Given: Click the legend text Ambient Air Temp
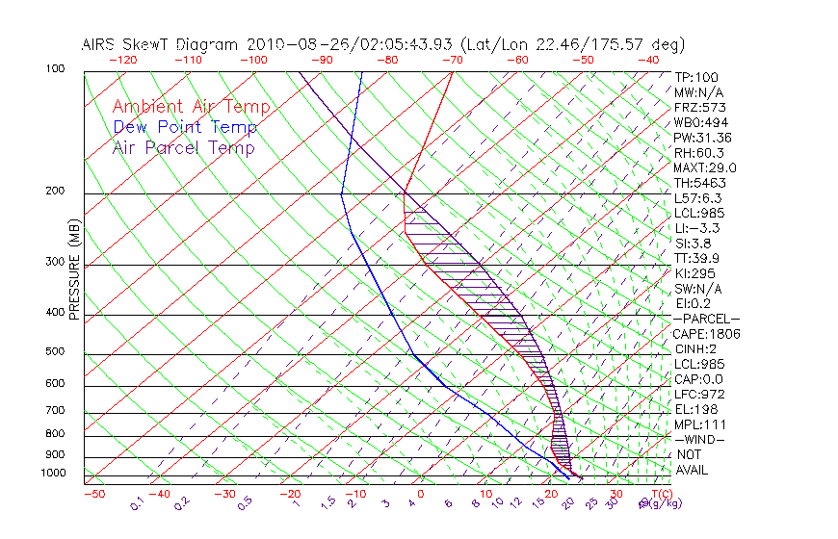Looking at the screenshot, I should point(191,108).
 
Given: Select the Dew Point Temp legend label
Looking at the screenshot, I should point(185,128).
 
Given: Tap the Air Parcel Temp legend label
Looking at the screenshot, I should point(183,148).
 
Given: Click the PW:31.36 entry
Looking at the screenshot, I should point(702,138).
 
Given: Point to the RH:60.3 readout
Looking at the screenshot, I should point(698,153).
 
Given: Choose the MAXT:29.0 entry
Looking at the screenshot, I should point(705,168).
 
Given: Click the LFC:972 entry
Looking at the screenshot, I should point(698,395).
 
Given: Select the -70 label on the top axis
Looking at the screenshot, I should point(451,60).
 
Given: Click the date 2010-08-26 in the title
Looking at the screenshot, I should point(291,44).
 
